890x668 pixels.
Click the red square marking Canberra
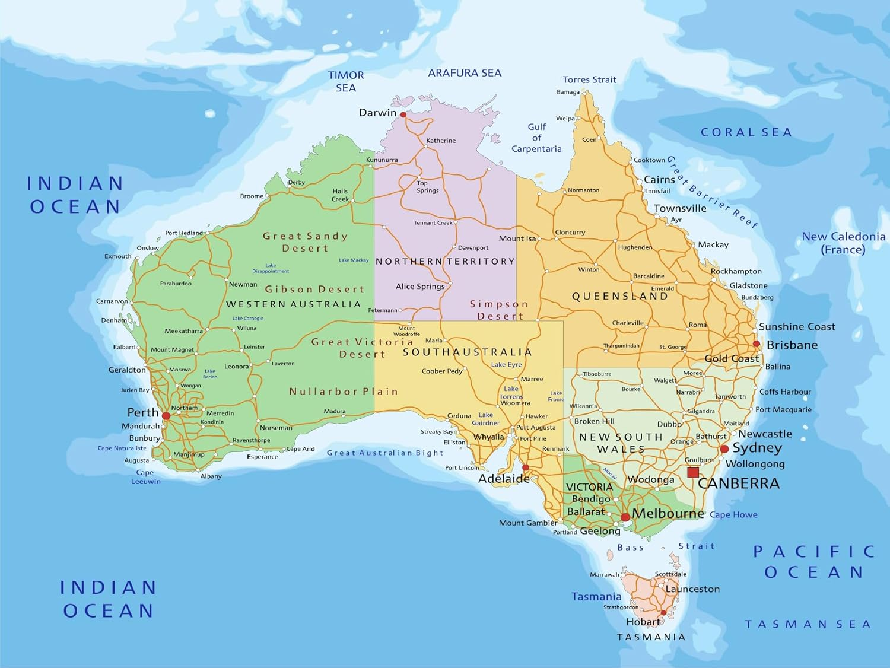click(x=693, y=473)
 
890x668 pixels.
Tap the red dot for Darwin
click(x=403, y=114)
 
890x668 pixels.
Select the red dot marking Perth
click(x=166, y=416)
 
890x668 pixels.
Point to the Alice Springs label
click(x=420, y=287)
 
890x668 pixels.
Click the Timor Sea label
click(x=346, y=81)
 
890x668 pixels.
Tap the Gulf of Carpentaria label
click(x=536, y=138)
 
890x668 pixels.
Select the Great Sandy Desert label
click(x=305, y=242)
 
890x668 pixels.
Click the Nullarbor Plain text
click(x=344, y=392)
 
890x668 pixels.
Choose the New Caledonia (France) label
click(x=843, y=243)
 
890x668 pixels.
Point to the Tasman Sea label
click(x=808, y=624)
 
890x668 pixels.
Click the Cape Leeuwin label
click(x=145, y=477)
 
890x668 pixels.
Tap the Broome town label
click(x=252, y=196)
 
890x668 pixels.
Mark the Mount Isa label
click(x=517, y=238)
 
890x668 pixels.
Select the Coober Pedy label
click(x=441, y=371)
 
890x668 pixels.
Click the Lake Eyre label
click(x=506, y=365)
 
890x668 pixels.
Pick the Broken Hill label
click(x=594, y=421)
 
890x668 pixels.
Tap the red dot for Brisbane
click(x=756, y=344)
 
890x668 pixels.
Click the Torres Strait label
click(x=589, y=79)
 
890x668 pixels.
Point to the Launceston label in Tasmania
click(x=692, y=589)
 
